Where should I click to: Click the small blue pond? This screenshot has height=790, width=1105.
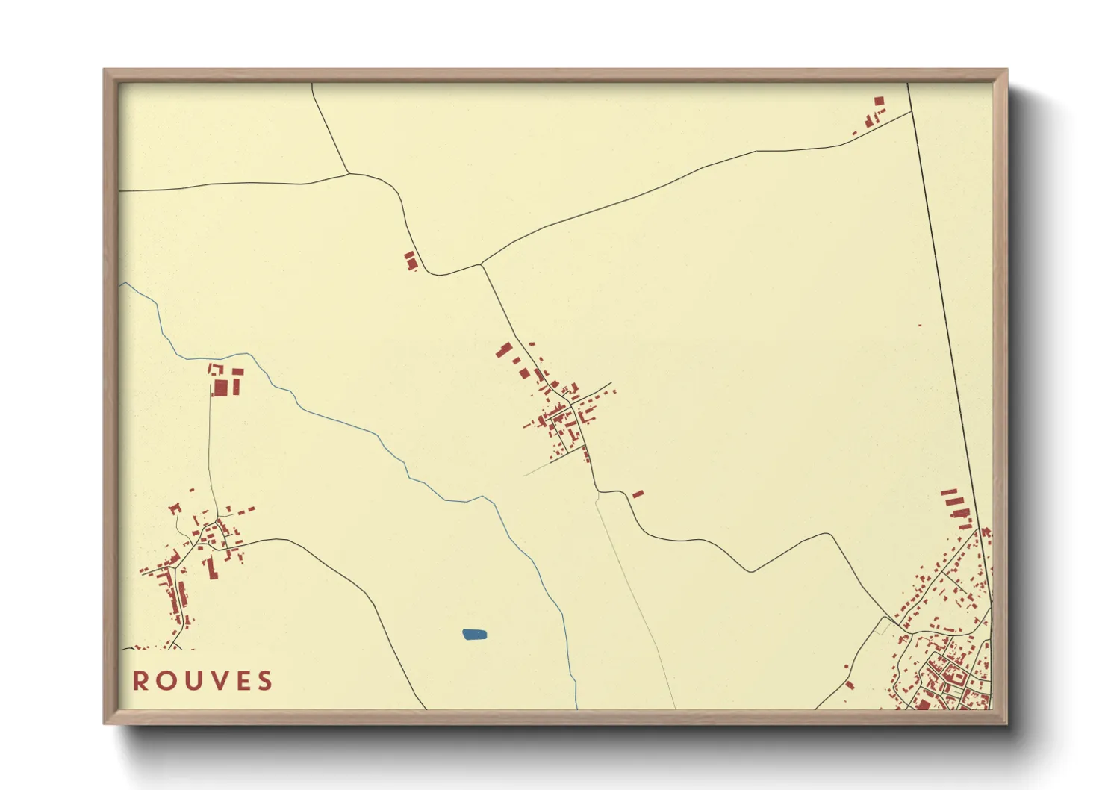(x=474, y=635)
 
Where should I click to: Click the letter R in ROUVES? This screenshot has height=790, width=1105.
(x=140, y=681)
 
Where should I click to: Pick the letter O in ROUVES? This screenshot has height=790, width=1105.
(x=164, y=681)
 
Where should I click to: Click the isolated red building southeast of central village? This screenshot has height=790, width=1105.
(x=638, y=494)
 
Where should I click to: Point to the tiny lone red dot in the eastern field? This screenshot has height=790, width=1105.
(x=919, y=325)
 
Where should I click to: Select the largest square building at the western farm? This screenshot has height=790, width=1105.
(x=221, y=388)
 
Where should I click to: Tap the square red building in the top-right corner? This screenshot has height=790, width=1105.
(x=879, y=101)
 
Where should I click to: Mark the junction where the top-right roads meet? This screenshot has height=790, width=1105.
(x=912, y=112)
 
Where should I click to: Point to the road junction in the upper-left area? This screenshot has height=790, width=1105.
(x=349, y=174)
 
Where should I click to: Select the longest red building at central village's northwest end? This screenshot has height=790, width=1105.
(x=505, y=350)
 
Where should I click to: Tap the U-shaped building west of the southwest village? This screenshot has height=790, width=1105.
(x=175, y=508)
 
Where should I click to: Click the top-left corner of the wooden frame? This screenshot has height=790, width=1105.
(x=105, y=70)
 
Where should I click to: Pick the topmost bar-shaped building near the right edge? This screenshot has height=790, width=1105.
(x=948, y=492)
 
